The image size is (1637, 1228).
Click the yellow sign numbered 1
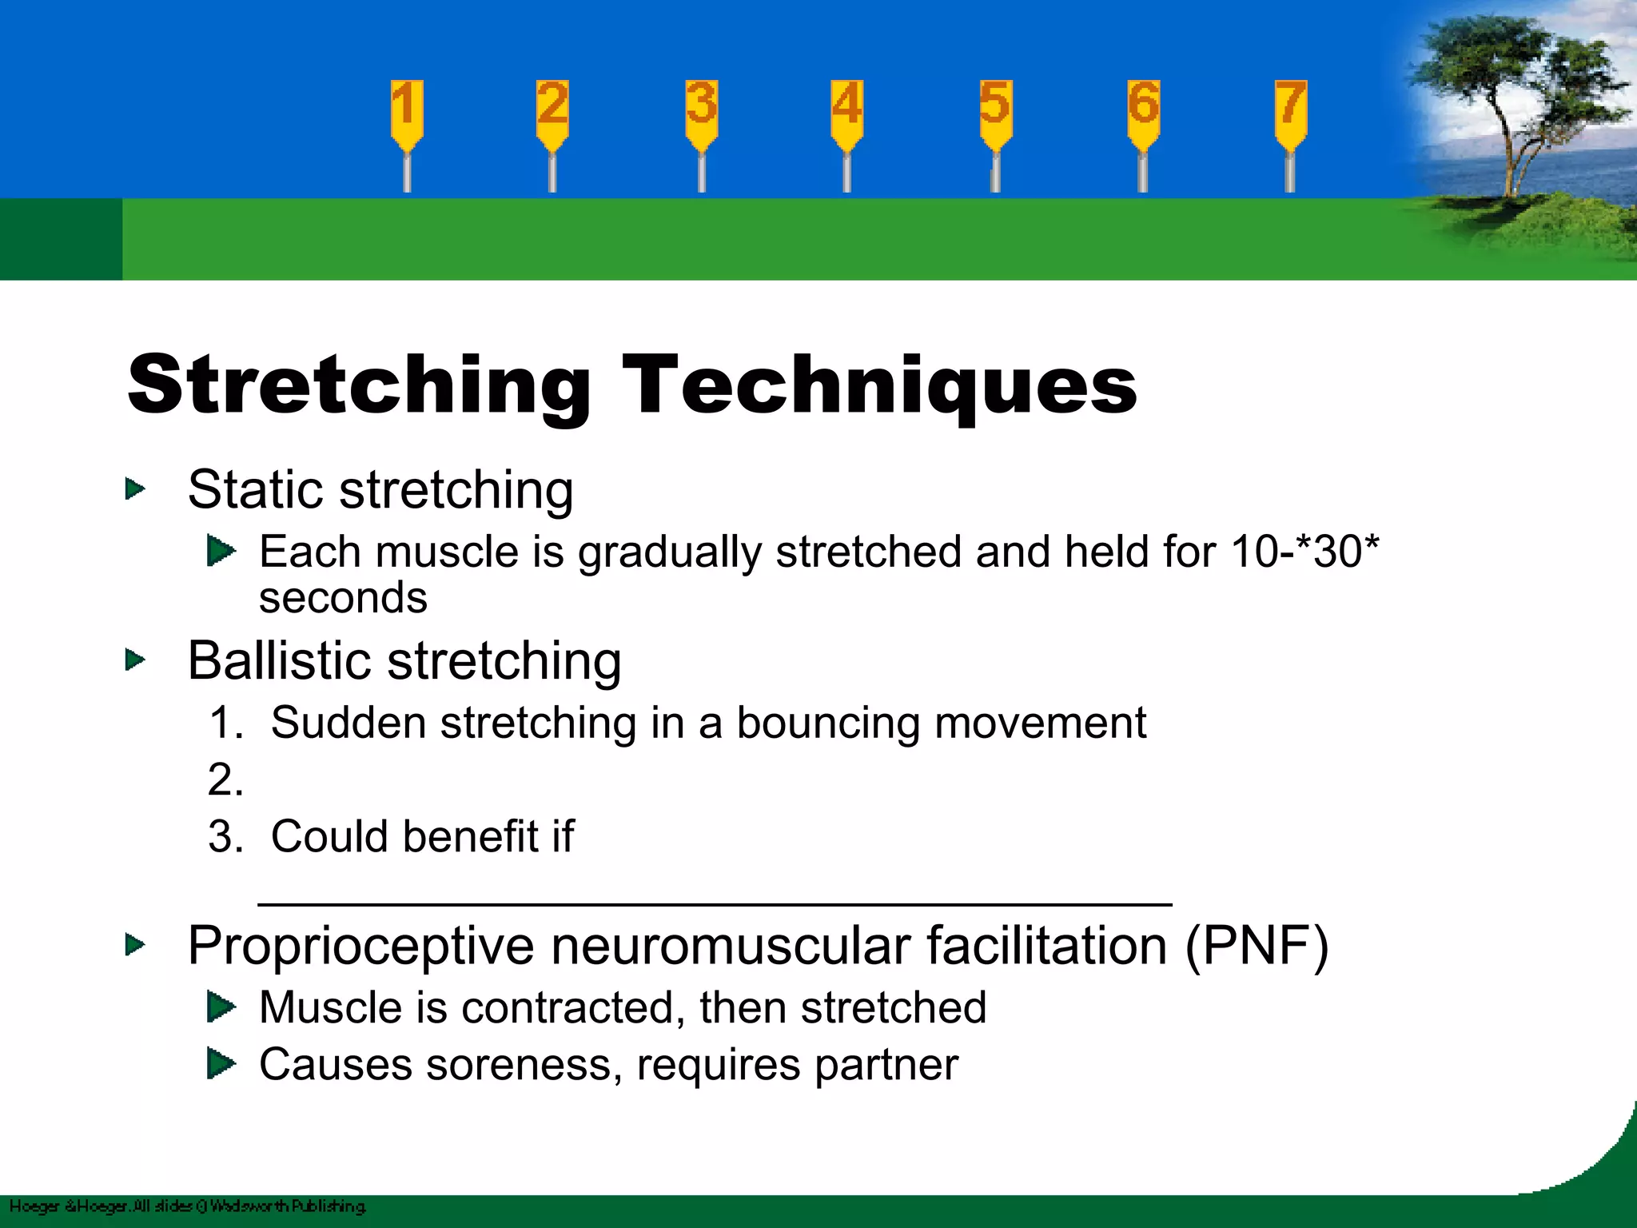[x=407, y=112]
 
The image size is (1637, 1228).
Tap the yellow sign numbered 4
[x=846, y=112]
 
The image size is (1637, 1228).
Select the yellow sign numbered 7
[x=1290, y=112]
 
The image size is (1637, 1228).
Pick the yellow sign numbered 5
[x=995, y=112]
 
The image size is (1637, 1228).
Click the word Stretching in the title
[x=358, y=385]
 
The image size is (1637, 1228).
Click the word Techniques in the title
[x=879, y=385]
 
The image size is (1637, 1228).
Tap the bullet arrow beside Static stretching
[x=135, y=489]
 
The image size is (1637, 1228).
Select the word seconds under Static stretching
[x=343, y=598]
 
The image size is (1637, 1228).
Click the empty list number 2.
[x=225, y=779]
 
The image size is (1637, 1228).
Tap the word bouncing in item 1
[x=828, y=723]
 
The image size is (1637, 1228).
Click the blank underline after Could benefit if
[x=714, y=902]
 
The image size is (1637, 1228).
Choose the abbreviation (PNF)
[x=1257, y=946]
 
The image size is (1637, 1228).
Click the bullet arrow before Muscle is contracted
[x=221, y=1007]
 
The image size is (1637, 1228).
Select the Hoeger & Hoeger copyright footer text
[x=188, y=1206]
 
